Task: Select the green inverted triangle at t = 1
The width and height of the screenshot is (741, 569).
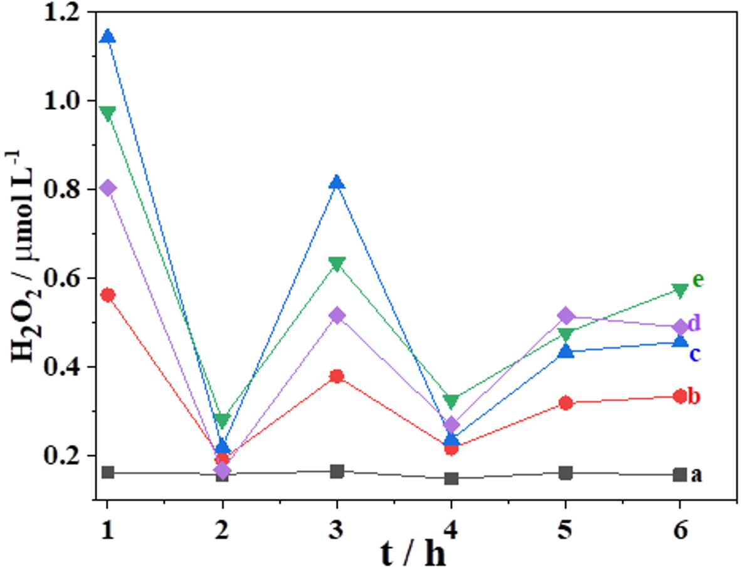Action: point(108,114)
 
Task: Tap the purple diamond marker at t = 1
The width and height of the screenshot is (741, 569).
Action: point(108,188)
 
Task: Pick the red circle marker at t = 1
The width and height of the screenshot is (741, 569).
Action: point(108,295)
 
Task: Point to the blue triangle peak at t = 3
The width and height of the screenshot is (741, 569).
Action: point(337,183)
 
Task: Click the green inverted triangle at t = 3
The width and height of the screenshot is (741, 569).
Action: point(337,264)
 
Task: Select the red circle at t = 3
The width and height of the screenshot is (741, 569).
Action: point(337,377)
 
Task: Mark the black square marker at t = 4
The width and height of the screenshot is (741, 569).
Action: point(451,478)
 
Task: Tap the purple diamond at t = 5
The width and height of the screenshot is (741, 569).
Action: point(566,315)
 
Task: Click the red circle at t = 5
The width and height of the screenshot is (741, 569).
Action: point(566,403)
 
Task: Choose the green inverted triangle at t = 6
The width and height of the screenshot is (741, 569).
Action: point(680,290)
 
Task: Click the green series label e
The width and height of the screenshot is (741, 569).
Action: point(698,279)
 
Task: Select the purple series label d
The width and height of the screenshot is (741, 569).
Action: point(693,325)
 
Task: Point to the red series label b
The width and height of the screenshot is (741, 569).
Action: point(694,396)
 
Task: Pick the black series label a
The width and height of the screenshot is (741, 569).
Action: point(695,475)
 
